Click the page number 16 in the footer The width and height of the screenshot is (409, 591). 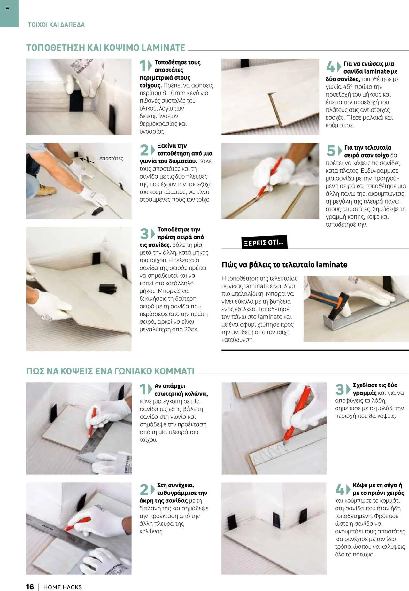(x=30, y=587)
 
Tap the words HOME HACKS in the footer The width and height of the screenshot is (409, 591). (x=63, y=587)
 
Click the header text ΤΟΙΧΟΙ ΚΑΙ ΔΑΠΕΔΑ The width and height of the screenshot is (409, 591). (x=56, y=25)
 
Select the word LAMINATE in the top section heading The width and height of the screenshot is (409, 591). (x=163, y=48)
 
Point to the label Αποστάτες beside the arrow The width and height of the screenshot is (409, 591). (x=111, y=158)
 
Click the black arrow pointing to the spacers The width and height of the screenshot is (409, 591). (x=87, y=160)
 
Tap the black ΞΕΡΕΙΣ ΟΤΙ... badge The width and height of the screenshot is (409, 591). (x=264, y=242)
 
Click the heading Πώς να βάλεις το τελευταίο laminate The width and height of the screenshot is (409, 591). (x=284, y=265)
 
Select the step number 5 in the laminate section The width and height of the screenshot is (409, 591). (x=331, y=151)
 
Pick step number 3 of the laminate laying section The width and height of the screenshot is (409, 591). (x=144, y=234)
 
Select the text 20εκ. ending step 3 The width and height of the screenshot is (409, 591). (x=191, y=329)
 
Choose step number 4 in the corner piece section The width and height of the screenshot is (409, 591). (x=339, y=490)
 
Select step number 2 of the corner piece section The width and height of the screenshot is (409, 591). (x=144, y=490)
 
